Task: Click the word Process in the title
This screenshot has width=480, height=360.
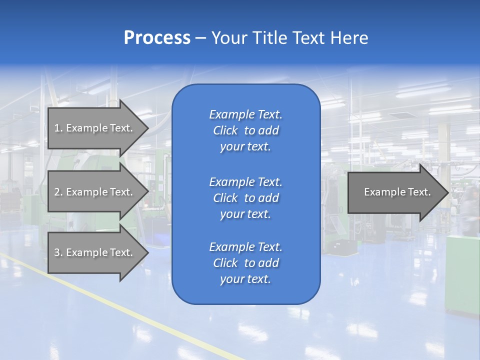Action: click(x=157, y=38)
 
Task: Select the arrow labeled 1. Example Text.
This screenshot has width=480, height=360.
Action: click(x=95, y=128)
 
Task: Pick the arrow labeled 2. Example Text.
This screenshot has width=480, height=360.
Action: click(x=95, y=192)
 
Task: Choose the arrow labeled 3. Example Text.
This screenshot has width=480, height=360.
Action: click(x=95, y=252)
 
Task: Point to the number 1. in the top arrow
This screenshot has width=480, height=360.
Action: click(x=58, y=128)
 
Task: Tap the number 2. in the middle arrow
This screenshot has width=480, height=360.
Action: click(x=58, y=192)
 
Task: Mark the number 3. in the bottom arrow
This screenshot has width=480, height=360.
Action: click(x=58, y=252)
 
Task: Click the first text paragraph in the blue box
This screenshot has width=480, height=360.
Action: click(x=245, y=130)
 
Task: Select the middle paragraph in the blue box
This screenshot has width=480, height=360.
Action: click(x=245, y=198)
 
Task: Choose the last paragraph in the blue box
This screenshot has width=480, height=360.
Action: click(x=245, y=263)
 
